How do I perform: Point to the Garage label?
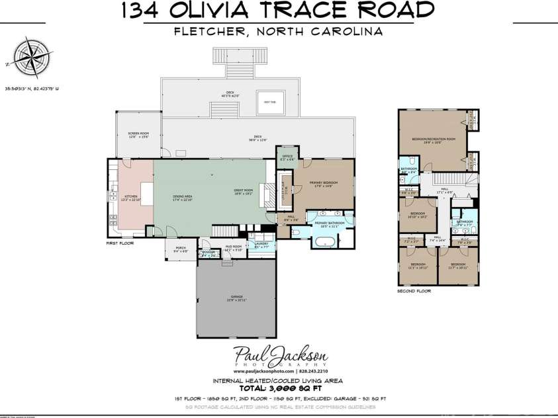coord(237,298)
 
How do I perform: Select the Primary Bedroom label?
coord(325,185)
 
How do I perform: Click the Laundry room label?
coord(261,245)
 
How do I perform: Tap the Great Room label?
coord(244,192)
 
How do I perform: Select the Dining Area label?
coord(182,197)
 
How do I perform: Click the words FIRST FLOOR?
coord(120,243)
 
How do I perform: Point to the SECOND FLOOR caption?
coord(414,291)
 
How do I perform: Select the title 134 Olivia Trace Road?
coord(279,11)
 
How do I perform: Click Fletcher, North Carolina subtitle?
coord(279,30)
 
